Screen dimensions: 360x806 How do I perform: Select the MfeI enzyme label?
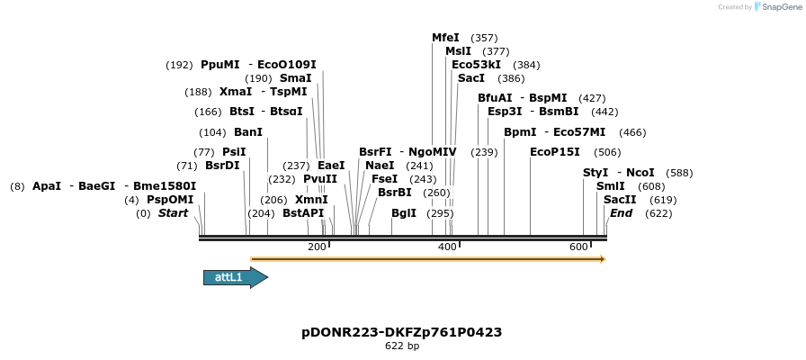pos(445,38)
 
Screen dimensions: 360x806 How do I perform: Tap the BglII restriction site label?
pos(404,213)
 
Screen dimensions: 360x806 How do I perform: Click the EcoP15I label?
pos(555,152)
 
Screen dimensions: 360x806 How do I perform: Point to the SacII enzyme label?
pos(620,200)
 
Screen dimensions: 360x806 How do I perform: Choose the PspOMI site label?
pos(170,200)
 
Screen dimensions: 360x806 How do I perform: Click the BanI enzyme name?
pos(248,132)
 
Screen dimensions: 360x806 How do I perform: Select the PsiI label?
pos(234,152)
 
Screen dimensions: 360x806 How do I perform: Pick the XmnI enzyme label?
pos(311,200)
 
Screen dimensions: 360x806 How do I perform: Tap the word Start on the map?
pos(174,213)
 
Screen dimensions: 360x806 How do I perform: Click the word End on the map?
pos(621,213)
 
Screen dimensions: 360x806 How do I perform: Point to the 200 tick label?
pos(317,247)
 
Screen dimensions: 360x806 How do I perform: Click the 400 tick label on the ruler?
pos(447,247)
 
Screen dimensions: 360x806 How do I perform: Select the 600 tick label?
pos(578,247)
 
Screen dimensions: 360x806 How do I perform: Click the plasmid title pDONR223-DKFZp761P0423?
pos(402,332)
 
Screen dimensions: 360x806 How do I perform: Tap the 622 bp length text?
pos(402,346)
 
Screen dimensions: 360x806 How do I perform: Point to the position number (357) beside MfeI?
pos(484,38)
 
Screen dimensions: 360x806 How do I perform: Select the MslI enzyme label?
pos(459,51)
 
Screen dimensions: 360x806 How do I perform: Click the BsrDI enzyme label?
pos(222,166)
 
